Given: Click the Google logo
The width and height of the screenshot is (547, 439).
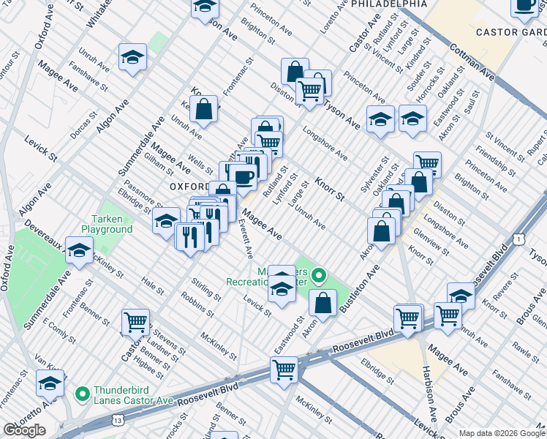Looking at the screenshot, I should pos(24,430).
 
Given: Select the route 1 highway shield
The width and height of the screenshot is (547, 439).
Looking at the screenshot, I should pos(518,239).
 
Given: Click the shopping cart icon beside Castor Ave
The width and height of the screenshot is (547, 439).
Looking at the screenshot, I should pos(135,321).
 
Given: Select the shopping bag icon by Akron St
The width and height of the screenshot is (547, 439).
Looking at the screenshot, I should pos(322,301).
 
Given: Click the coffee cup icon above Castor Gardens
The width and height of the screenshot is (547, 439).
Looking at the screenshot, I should pos(524,6).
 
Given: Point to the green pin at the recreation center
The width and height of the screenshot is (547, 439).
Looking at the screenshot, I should pos(318,277).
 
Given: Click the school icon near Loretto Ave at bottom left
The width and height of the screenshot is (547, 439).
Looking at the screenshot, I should pos(50,383).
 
